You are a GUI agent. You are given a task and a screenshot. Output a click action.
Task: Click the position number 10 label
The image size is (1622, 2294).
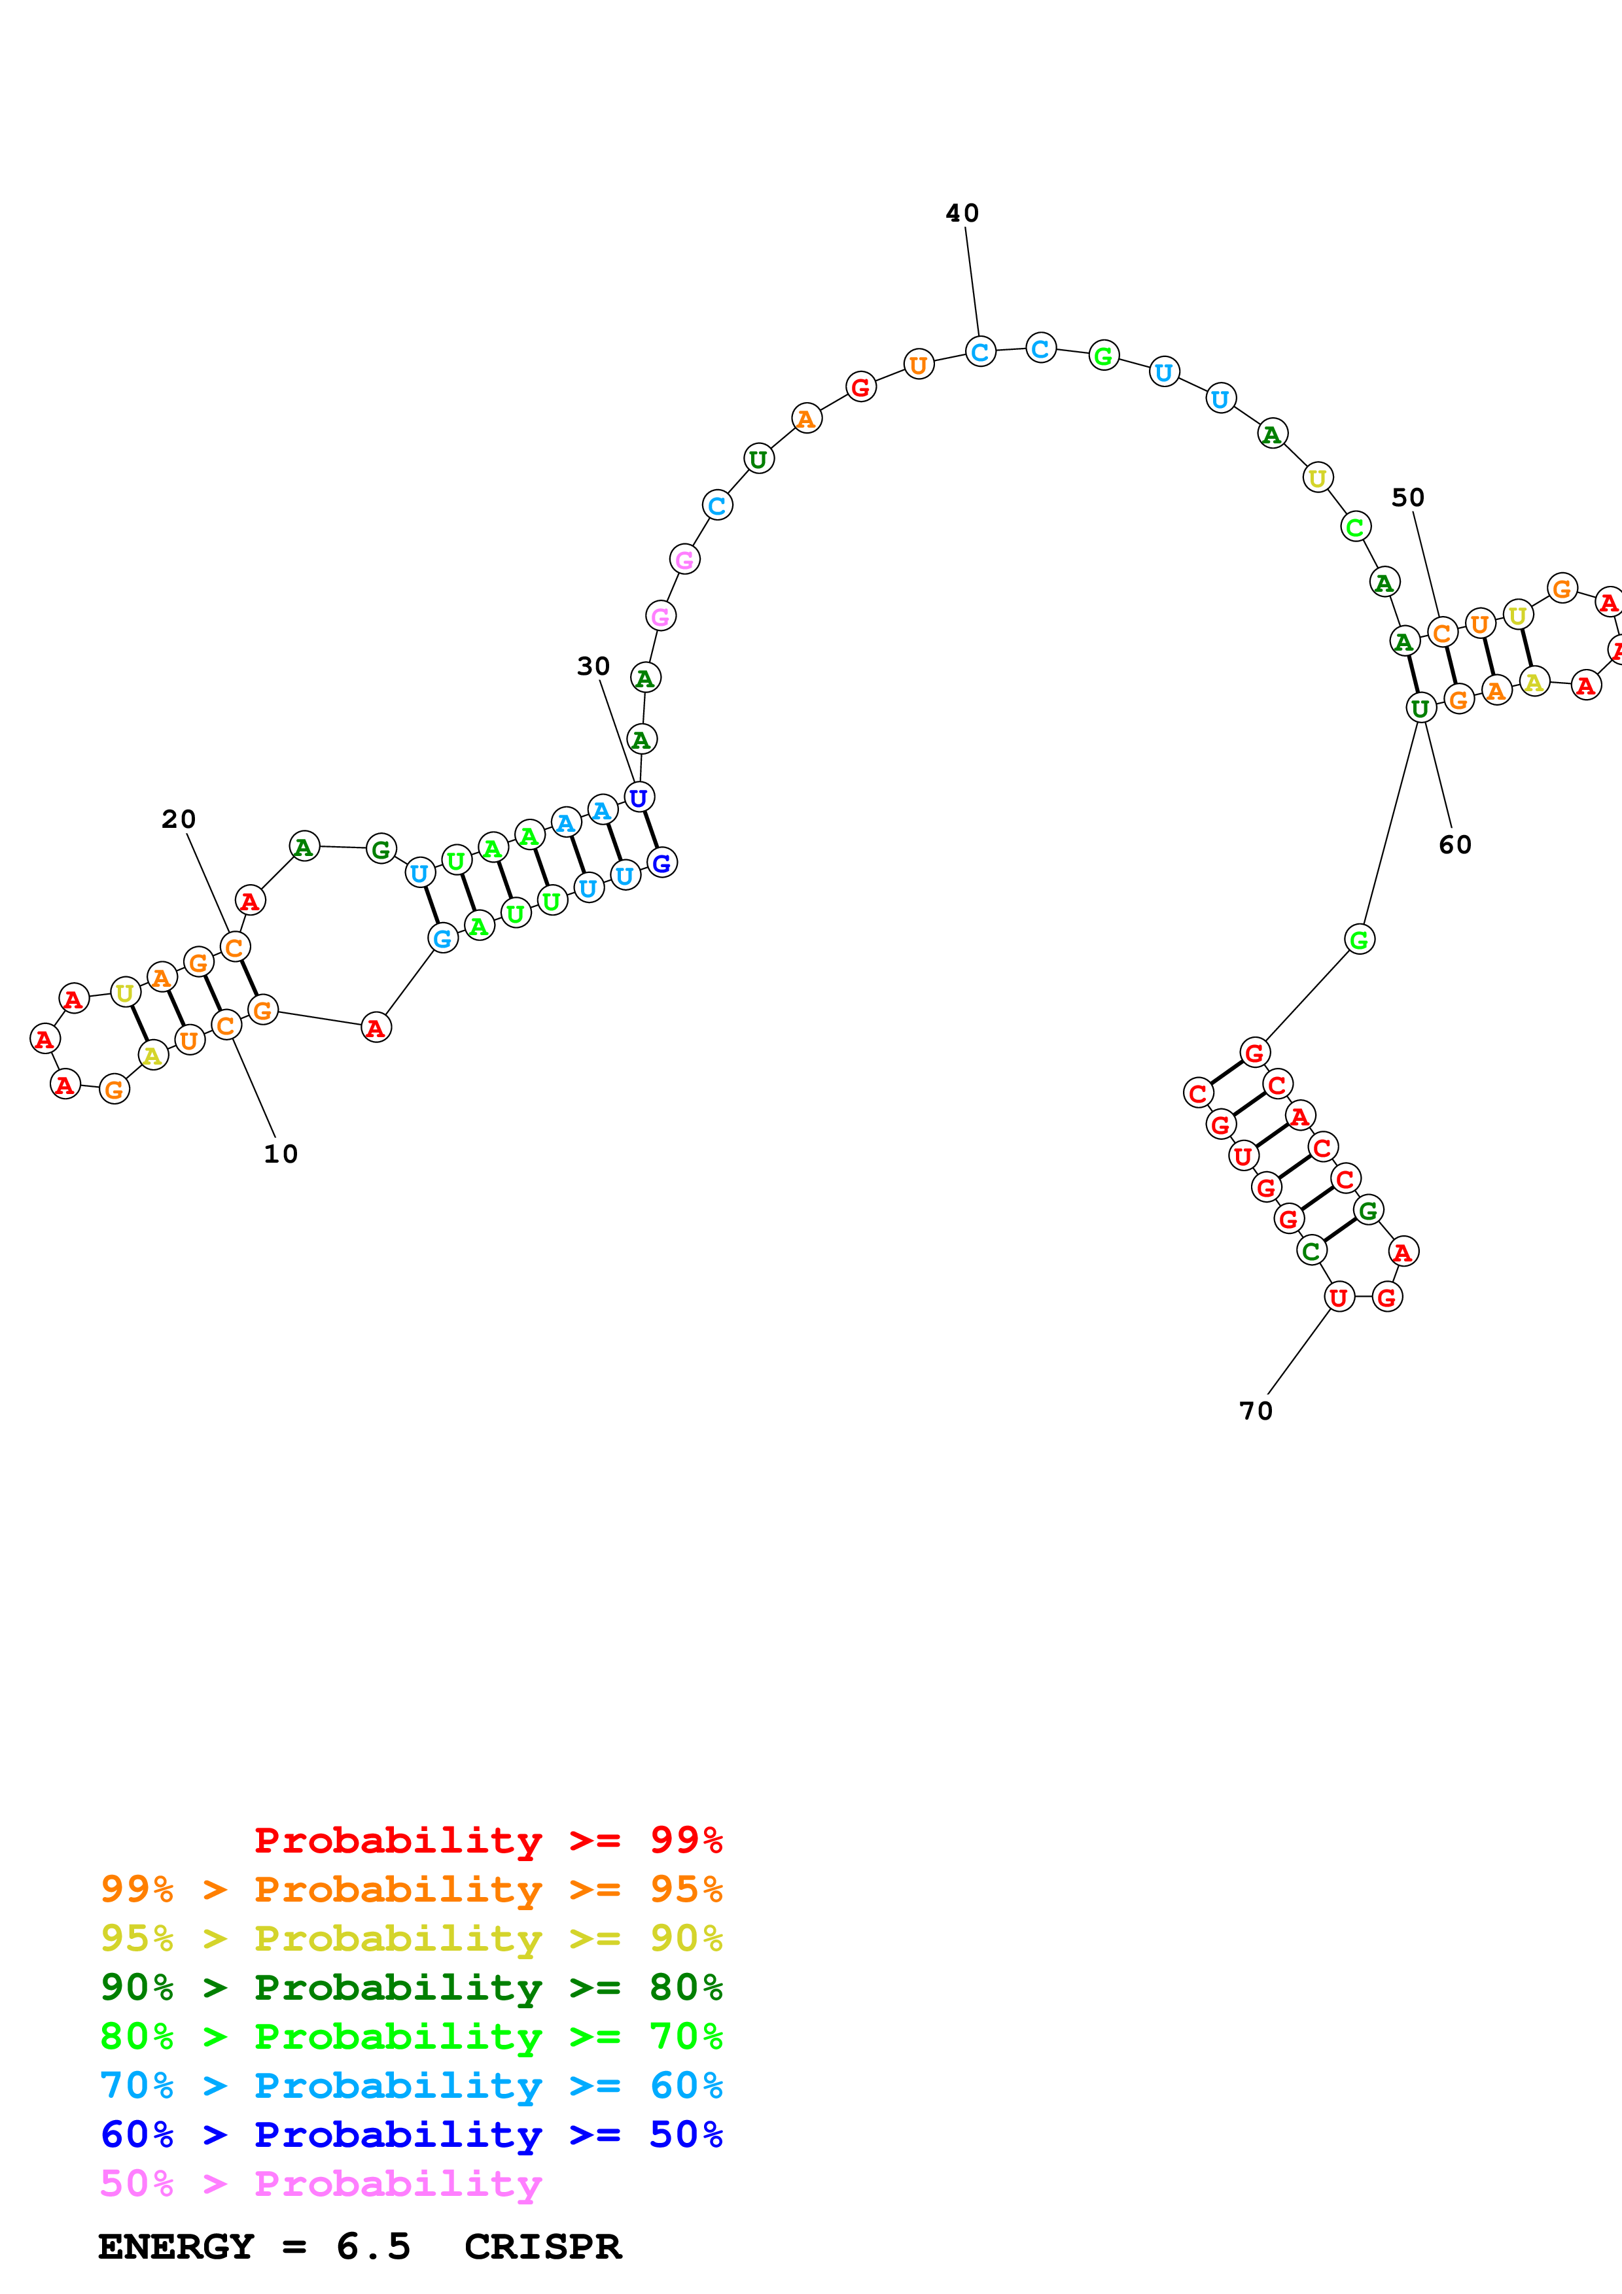click(281, 1154)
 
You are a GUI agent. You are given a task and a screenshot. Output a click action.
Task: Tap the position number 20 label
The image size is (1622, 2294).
click(179, 819)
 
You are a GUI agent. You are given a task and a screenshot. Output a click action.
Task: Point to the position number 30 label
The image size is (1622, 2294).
click(593, 666)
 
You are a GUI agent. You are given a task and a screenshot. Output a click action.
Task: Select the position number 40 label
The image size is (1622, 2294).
click(962, 213)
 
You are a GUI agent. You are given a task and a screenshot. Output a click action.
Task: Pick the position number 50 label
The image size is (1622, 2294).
click(1408, 498)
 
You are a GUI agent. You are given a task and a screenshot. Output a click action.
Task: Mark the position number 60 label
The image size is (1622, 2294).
click(1455, 846)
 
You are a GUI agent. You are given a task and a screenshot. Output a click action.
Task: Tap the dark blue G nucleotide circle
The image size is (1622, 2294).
click(661, 863)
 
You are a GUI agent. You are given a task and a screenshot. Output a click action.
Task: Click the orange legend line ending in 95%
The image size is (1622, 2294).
click(411, 1889)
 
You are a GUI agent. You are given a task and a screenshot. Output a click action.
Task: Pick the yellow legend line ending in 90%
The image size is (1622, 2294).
click(411, 1938)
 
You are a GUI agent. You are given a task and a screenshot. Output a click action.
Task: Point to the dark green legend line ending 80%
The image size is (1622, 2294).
click(411, 1987)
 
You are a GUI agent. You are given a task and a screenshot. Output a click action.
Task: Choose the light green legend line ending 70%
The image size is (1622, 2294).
click(411, 2036)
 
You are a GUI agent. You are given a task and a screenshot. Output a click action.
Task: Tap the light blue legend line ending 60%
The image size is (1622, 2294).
click(411, 2085)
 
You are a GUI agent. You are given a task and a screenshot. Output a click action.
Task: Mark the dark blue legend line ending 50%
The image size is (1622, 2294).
click(411, 2134)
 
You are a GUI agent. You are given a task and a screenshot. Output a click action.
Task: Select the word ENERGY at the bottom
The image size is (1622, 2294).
click(176, 2247)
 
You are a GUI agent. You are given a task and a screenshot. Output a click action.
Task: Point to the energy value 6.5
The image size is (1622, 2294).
click(374, 2247)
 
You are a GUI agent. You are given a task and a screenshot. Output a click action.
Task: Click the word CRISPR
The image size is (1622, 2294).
click(542, 2247)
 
